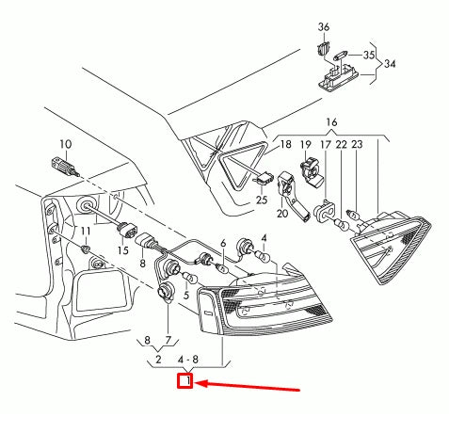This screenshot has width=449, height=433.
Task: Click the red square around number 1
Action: (x=185, y=381)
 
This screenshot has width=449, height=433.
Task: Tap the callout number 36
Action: (x=324, y=25)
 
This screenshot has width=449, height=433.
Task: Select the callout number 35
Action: (x=369, y=56)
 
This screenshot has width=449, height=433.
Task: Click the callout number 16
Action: (x=330, y=123)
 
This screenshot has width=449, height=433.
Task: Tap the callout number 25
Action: (x=261, y=200)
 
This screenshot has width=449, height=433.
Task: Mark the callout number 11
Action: (x=85, y=231)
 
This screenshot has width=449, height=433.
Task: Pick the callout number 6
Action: (x=223, y=244)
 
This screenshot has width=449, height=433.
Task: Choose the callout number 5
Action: (x=185, y=295)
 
